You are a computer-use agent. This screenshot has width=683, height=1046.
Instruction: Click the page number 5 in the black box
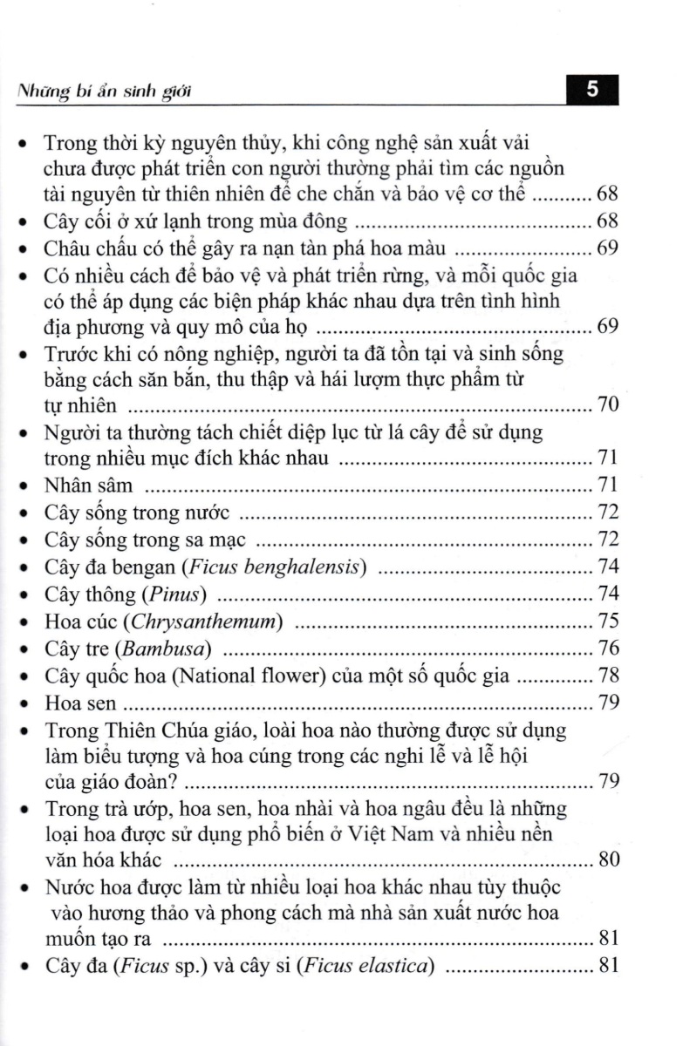point(592,91)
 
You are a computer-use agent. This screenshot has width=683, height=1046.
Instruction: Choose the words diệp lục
point(292,432)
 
